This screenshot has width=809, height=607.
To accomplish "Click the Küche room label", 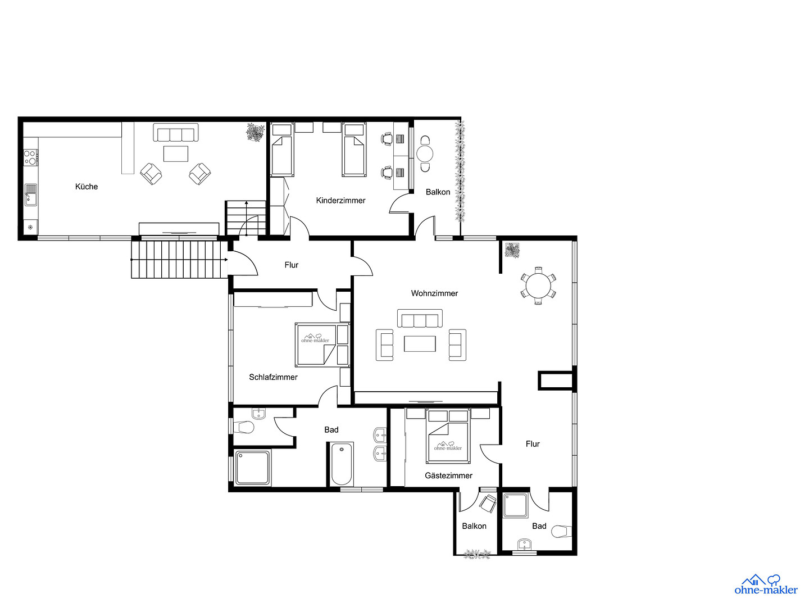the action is [87, 187].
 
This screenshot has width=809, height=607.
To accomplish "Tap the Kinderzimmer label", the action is [340, 201].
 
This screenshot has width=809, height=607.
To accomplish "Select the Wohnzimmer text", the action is [434, 293].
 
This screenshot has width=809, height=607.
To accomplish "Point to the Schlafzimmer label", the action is [273, 377].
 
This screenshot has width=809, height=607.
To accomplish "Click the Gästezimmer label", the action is [448, 475].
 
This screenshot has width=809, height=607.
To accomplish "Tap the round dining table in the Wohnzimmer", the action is [538, 286].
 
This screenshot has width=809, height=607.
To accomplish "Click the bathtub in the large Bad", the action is [341, 464].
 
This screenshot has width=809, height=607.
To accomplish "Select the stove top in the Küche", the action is [30, 157].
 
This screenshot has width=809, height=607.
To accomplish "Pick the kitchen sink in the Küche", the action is [30, 195].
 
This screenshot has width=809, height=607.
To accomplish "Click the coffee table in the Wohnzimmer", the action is [420, 343].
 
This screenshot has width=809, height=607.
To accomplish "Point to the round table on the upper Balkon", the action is [425, 153].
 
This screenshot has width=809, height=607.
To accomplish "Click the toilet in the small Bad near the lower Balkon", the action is [562, 532].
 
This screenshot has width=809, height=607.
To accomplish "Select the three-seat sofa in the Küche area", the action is [176, 133].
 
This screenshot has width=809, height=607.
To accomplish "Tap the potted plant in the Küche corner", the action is [256, 132].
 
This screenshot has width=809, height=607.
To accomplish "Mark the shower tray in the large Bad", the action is [253, 468].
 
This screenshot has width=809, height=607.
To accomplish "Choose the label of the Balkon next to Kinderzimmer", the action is [438, 192].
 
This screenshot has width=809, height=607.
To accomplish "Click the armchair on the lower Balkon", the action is [488, 504].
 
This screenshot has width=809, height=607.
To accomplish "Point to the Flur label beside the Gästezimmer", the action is [533, 444].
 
